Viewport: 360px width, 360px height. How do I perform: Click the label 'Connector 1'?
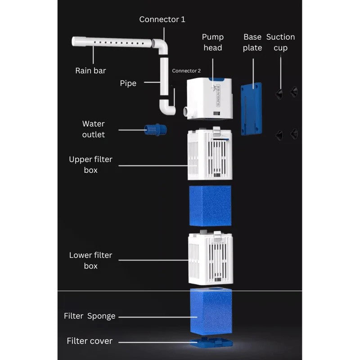point(162,19)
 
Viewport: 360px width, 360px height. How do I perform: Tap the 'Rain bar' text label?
point(90,71)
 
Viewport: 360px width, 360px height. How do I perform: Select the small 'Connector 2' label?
point(186,71)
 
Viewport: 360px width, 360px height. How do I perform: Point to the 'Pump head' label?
point(212,42)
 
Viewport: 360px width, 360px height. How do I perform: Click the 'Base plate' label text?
point(252,42)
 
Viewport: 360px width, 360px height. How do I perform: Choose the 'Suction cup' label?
point(280,42)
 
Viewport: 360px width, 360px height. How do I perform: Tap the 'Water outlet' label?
point(93,129)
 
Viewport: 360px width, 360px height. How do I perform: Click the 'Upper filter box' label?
point(90,165)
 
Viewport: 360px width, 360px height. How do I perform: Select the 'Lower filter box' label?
point(90,261)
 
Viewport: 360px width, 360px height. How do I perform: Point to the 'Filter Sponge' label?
point(90,316)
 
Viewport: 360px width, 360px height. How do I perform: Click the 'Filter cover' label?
point(90,341)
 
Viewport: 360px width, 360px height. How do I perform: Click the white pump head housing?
point(210,99)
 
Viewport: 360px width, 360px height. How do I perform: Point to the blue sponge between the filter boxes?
point(210,206)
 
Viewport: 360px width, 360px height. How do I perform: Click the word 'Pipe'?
point(128,83)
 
